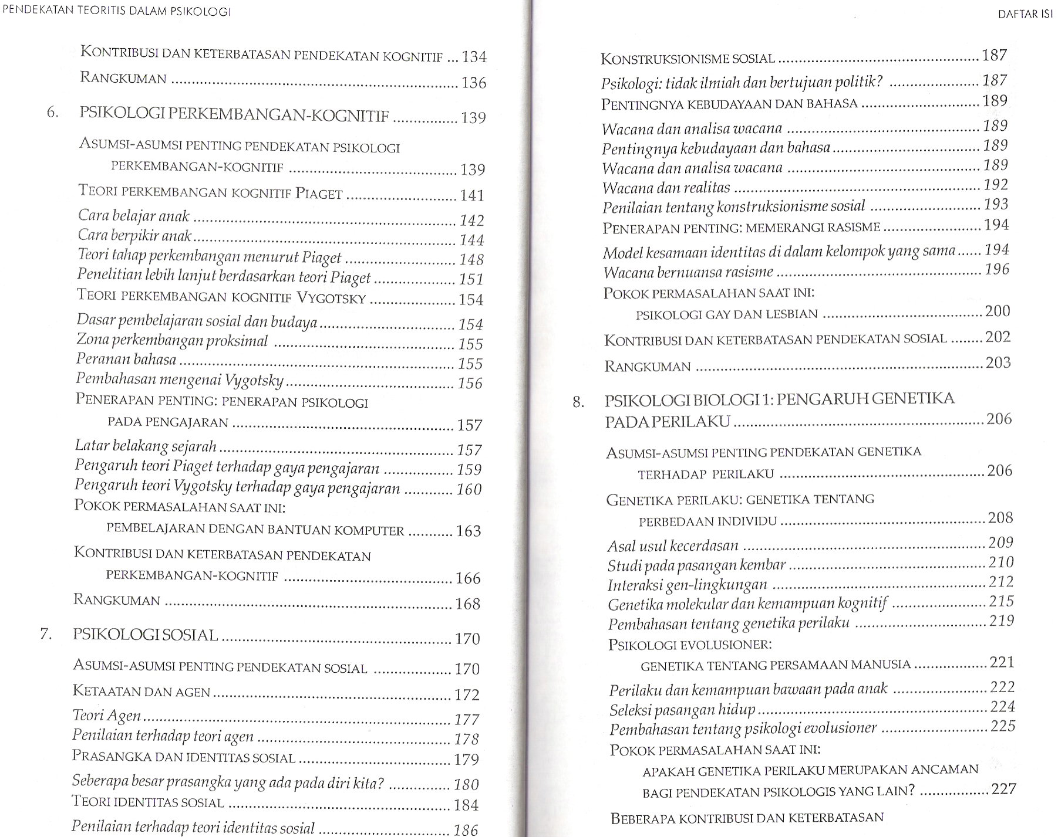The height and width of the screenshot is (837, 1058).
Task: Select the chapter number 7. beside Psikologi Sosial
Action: pos(46,635)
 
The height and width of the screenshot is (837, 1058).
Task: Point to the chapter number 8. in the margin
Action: pos(578,402)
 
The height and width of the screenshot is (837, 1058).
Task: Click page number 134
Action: pos(474,57)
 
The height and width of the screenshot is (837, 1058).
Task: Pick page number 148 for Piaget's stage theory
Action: pos(471,259)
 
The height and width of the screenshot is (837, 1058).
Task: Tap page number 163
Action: pos(469,531)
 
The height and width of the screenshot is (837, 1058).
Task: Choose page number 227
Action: pos(1003,789)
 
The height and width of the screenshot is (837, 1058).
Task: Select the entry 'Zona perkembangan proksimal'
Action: pos(172,341)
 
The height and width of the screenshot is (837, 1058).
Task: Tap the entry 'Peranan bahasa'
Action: pos(126,359)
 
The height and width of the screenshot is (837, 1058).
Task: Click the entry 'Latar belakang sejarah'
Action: pos(146,446)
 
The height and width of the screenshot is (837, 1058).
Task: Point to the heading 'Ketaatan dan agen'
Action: pos(141,692)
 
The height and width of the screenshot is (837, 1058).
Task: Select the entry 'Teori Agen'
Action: pos(106,716)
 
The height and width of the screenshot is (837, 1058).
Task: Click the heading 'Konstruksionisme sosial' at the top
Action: pos(688,59)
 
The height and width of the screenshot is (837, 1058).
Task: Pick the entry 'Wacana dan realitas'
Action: pos(666,188)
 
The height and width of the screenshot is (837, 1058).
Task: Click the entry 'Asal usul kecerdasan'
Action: pos(673,546)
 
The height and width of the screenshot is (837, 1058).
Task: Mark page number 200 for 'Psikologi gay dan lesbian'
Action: pos(998,311)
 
